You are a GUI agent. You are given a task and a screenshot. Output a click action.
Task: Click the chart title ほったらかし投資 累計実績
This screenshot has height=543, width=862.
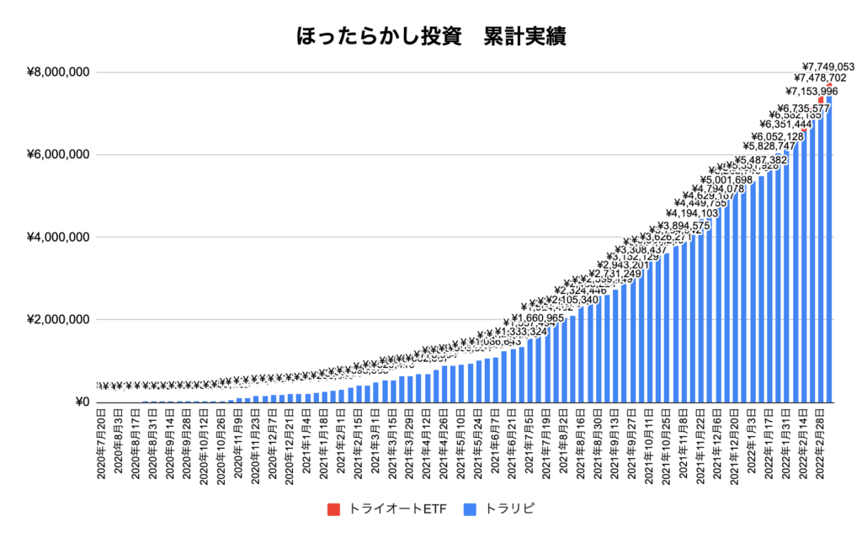[x=430, y=37]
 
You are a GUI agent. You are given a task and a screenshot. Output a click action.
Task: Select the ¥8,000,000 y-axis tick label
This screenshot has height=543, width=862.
[x=59, y=72]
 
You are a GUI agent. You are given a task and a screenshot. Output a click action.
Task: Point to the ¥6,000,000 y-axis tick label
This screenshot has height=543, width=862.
[x=59, y=155]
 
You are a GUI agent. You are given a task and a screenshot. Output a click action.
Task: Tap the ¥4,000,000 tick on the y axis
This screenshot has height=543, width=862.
[x=59, y=237]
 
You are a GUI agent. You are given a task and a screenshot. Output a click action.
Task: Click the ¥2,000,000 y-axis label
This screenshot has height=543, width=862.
[x=59, y=320]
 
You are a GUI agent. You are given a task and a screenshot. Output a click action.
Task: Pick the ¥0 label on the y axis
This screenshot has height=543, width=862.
[x=82, y=402]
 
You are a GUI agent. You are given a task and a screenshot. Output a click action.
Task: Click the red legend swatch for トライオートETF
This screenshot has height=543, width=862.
[x=333, y=509]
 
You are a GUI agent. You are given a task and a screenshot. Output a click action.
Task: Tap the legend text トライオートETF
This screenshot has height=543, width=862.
[x=396, y=509]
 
